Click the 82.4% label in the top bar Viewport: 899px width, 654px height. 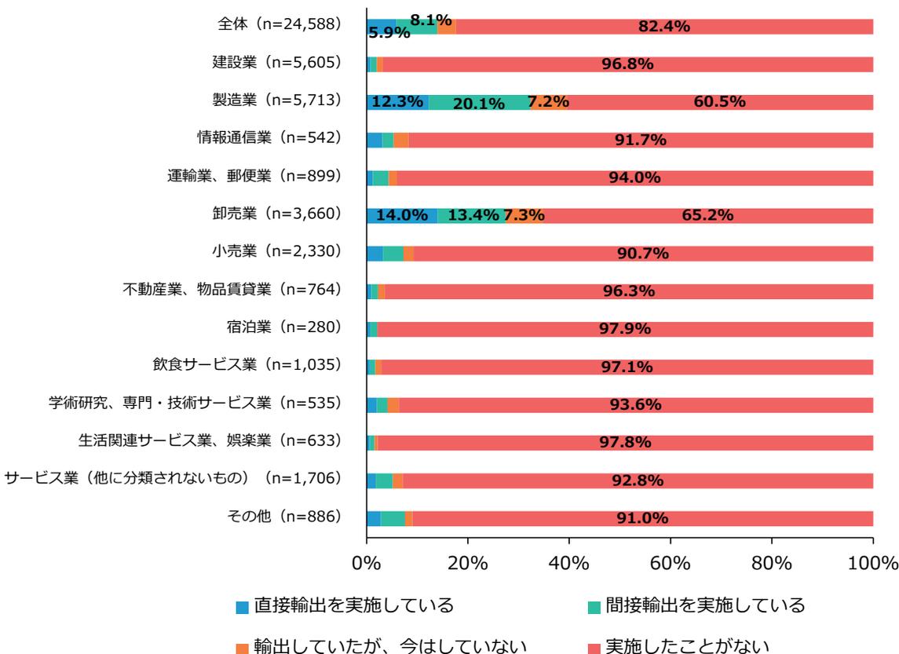click(663, 27)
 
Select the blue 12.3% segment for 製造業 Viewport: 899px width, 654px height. click(397, 102)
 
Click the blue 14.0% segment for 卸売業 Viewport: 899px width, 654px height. click(401, 215)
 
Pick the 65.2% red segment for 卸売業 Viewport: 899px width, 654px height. click(707, 215)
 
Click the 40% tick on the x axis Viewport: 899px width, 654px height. click(569, 564)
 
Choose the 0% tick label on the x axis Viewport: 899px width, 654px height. click(367, 564)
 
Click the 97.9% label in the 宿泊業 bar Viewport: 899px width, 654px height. click(626, 329)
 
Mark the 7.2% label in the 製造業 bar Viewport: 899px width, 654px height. click(548, 102)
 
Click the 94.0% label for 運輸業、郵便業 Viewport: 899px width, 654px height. click(634, 178)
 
